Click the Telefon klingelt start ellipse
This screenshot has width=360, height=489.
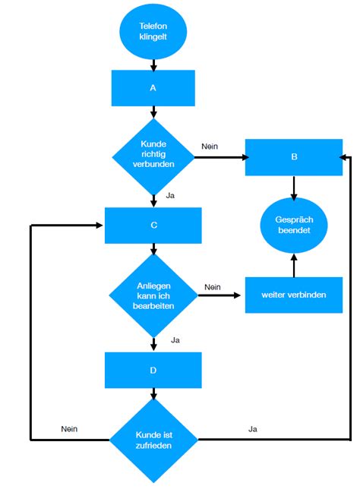[153, 31]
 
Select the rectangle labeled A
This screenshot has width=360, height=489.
[153, 88]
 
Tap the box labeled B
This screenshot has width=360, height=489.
[294, 157]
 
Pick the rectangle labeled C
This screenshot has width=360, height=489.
[153, 226]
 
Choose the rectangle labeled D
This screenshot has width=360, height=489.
[153, 371]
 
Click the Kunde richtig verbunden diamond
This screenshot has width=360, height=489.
[153, 157]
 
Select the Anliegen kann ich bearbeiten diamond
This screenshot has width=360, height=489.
[153, 295]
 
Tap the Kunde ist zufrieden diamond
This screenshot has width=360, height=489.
[153, 440]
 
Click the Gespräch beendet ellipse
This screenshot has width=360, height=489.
[294, 226]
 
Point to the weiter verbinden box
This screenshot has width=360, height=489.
[294, 295]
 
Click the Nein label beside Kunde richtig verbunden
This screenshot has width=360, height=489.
[210, 147]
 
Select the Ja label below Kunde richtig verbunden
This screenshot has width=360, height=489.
[170, 196]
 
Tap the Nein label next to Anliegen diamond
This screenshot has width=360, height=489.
[213, 287]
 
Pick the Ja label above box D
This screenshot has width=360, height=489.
[175, 340]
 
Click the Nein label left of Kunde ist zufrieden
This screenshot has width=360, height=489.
[69, 429]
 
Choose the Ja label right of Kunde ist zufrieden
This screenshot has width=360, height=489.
[253, 429]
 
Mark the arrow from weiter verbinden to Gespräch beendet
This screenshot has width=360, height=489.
[294, 265]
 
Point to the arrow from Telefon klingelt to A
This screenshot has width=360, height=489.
[153, 65]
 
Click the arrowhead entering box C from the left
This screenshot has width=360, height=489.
[99, 226]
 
